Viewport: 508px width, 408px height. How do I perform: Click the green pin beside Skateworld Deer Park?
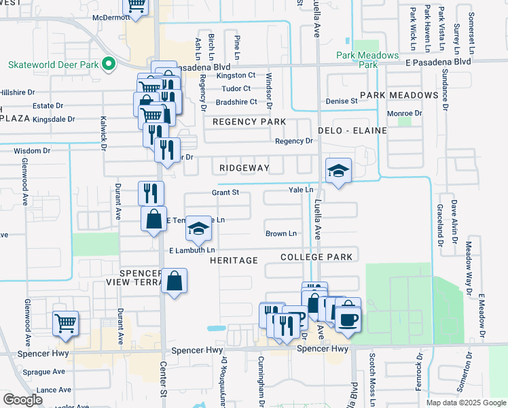pos(108,65)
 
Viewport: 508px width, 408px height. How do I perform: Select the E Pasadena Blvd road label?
pos(439,61)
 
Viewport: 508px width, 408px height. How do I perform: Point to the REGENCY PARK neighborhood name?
pos(249,122)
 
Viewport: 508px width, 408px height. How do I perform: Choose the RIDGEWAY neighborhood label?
pos(244,167)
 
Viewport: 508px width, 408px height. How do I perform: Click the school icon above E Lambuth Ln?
pos(198,229)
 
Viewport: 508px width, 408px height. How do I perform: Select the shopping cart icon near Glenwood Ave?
pos(65,323)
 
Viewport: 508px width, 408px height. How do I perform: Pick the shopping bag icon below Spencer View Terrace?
pos(175,280)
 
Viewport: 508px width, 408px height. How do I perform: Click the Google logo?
pos(22,400)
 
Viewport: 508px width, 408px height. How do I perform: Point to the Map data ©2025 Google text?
pos(465,403)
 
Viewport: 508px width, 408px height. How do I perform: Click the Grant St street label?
pos(225,192)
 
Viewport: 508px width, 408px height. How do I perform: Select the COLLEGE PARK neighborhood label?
pos(316,257)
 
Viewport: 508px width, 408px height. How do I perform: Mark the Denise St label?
pos(342,101)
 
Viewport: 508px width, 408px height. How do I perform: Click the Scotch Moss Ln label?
pos(372,379)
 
